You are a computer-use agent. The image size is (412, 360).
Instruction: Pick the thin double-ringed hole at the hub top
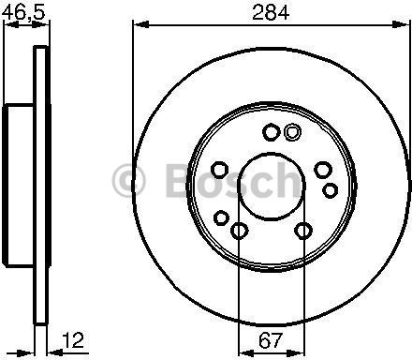pos(290,131)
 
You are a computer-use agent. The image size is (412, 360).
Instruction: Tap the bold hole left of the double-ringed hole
pos(271,132)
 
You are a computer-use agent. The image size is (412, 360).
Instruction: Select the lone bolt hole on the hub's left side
pos(219,169)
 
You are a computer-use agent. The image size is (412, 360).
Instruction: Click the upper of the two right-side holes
pos(323,169)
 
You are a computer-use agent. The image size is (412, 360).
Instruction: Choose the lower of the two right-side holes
pos(331,190)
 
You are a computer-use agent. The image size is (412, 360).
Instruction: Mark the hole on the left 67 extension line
pos(239,231)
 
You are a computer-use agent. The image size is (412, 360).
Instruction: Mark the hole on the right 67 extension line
pos(302,231)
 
